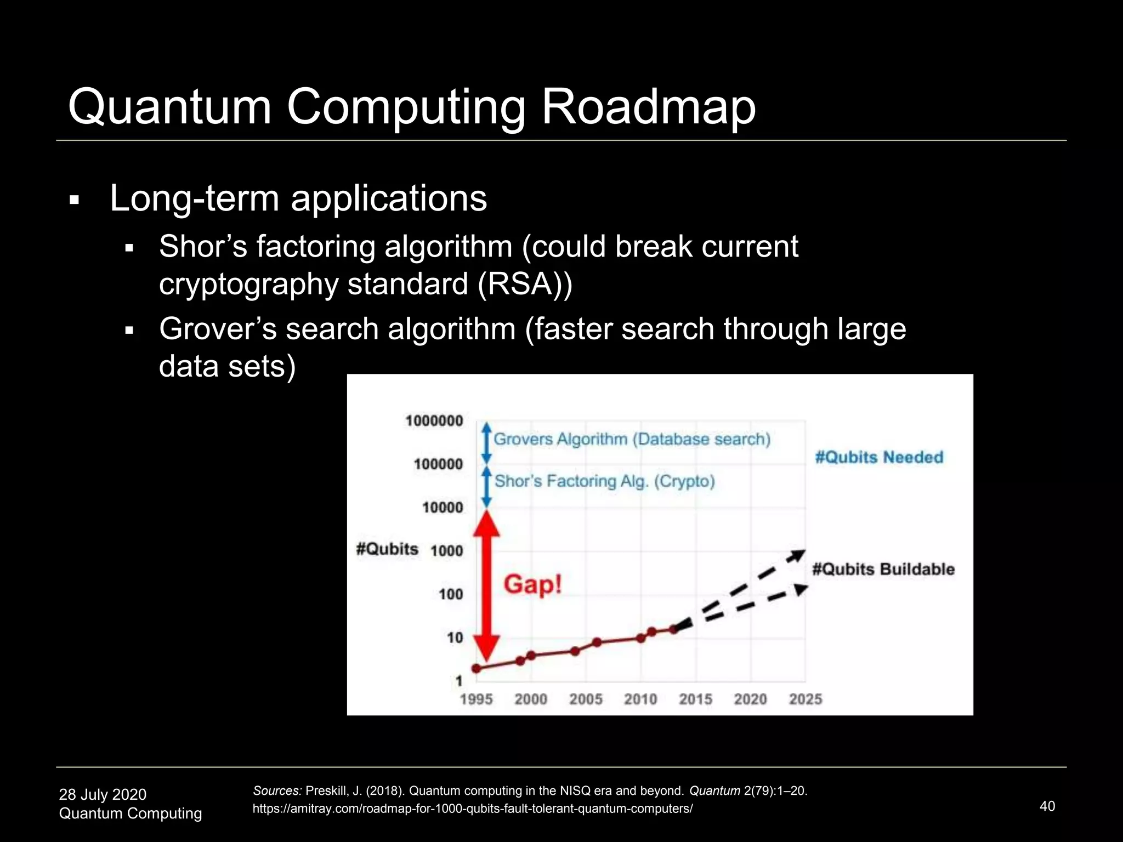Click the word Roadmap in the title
648,106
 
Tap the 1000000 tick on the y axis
434,421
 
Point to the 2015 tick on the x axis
695,699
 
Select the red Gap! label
533,584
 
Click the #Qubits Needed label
879,457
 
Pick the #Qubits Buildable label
883,569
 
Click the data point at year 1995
477,668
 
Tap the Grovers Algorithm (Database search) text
632,439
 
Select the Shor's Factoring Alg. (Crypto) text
604,481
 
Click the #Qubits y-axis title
387,549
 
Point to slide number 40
1047,806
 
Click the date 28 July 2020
103,794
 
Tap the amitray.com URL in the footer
473,809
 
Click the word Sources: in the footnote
277,790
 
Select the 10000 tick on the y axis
443,508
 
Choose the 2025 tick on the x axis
805,699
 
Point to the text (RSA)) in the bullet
525,284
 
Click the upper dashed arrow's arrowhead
797,555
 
